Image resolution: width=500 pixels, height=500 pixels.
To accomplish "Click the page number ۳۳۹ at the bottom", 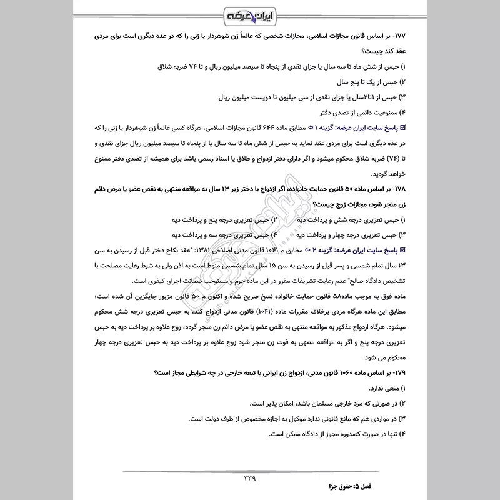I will tap(249, 477).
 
